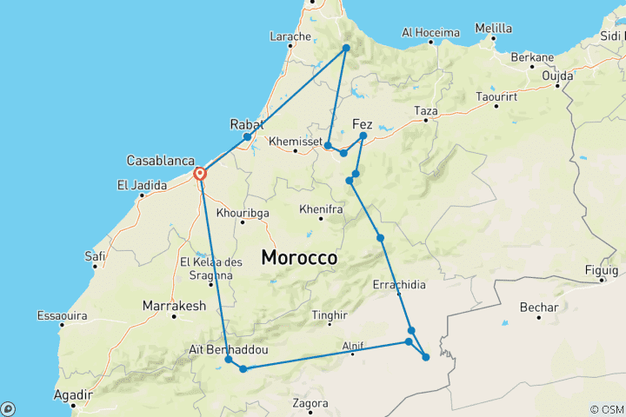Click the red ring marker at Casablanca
200,173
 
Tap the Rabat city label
247,124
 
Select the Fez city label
363,122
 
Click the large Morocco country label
299,258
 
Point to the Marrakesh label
174,306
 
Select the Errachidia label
399,284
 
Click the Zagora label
310,403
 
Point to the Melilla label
495,29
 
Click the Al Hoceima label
430,33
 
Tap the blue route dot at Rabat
248,136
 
